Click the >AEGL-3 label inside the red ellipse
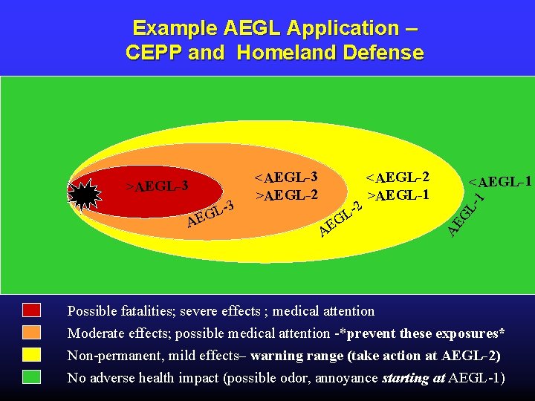click(x=157, y=184)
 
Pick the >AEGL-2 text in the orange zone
click(x=287, y=195)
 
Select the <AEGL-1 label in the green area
click(x=499, y=181)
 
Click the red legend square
click(x=31, y=310)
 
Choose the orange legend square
click(x=31, y=333)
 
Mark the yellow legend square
click(x=31, y=355)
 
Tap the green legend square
click(x=31, y=377)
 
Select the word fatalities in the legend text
click(x=148, y=311)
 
